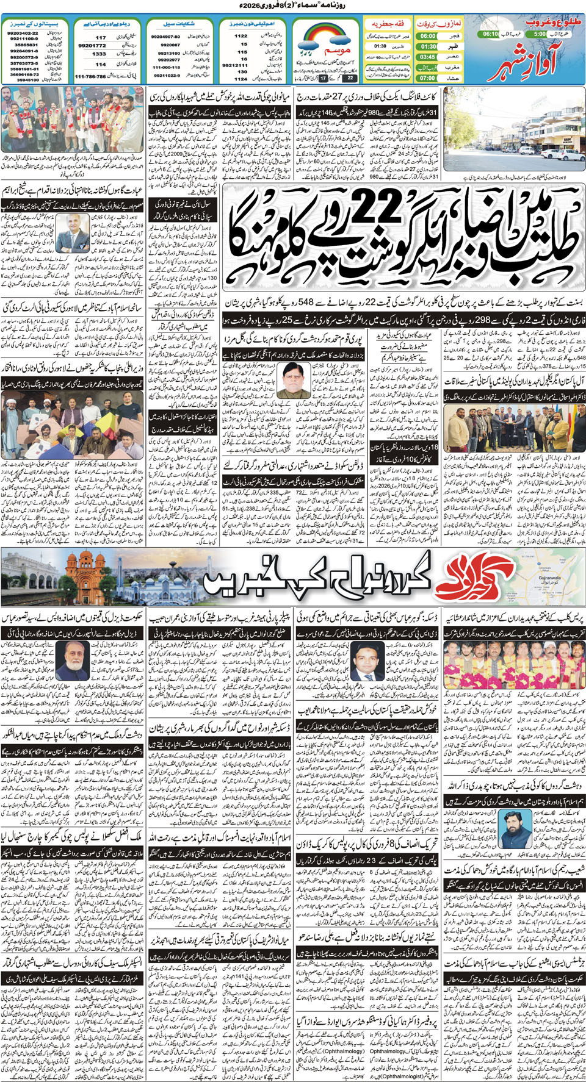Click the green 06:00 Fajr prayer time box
427,35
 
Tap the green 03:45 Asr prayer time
427,57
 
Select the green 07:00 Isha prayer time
427,78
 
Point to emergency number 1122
241,36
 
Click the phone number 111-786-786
90,77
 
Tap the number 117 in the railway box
101,37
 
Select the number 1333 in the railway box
99,54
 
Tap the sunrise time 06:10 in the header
490,34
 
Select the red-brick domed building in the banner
85,576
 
